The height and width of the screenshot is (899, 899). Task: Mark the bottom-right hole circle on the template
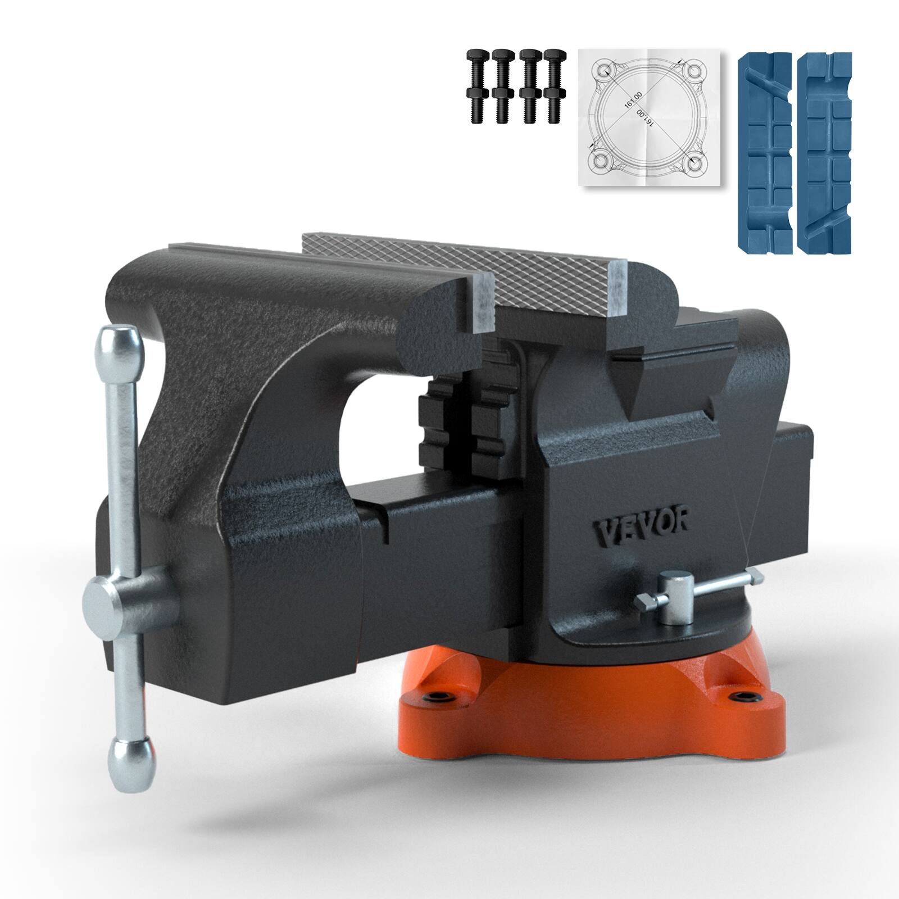694,162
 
